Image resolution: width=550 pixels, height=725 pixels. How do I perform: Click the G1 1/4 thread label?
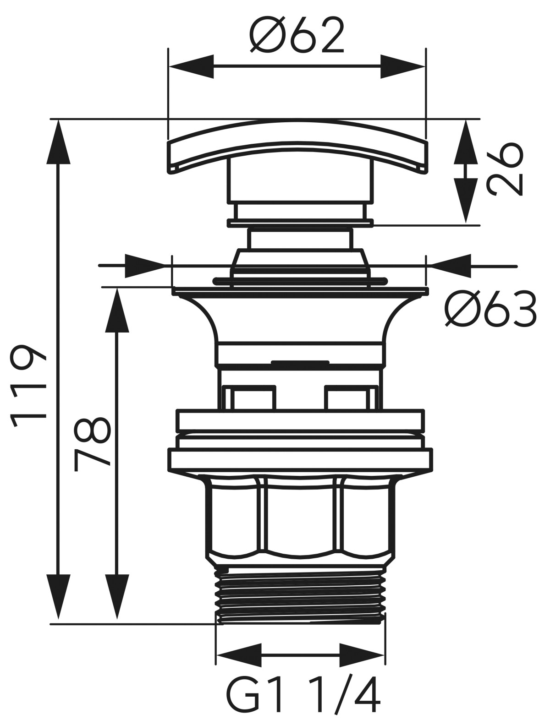(x=303, y=699)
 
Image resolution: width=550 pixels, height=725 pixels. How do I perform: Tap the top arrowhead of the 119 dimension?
(x=58, y=142)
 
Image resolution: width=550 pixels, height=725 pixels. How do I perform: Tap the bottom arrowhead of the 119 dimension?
(x=58, y=598)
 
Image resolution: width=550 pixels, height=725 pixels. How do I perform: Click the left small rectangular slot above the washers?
(x=250, y=397)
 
